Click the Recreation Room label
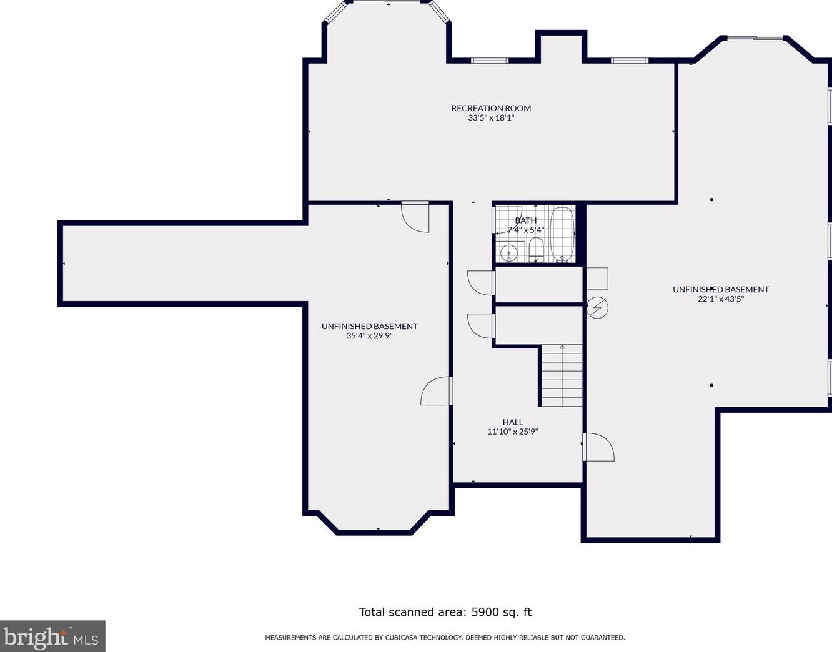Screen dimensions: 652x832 click(491, 108)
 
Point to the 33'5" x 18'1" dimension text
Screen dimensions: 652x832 click(491, 117)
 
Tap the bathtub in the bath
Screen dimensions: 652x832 click(562, 232)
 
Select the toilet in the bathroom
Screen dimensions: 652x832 click(536, 250)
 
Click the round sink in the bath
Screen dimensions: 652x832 click(510, 252)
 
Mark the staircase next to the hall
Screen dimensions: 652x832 click(562, 376)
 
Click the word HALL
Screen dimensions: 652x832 click(512, 422)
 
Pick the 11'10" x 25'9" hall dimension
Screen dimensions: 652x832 click(512, 432)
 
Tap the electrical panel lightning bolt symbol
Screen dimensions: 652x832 click(597, 308)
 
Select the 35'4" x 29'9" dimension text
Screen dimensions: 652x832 click(369, 336)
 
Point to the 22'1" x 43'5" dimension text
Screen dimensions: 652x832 click(721, 299)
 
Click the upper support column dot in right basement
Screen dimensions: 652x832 click(711, 200)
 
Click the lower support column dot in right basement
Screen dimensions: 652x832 click(711, 385)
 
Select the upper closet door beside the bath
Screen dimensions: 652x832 click(481, 282)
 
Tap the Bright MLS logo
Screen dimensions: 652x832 click(52, 636)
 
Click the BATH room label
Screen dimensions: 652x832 click(525, 220)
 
